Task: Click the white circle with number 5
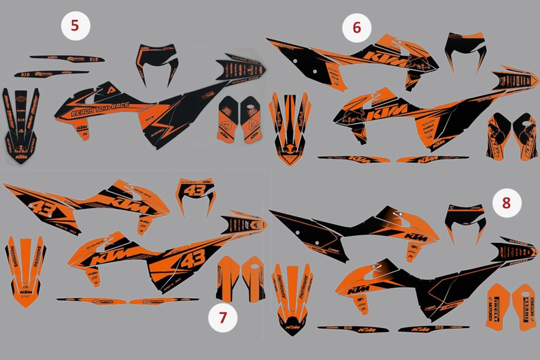[75, 27]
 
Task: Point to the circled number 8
[506, 202]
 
